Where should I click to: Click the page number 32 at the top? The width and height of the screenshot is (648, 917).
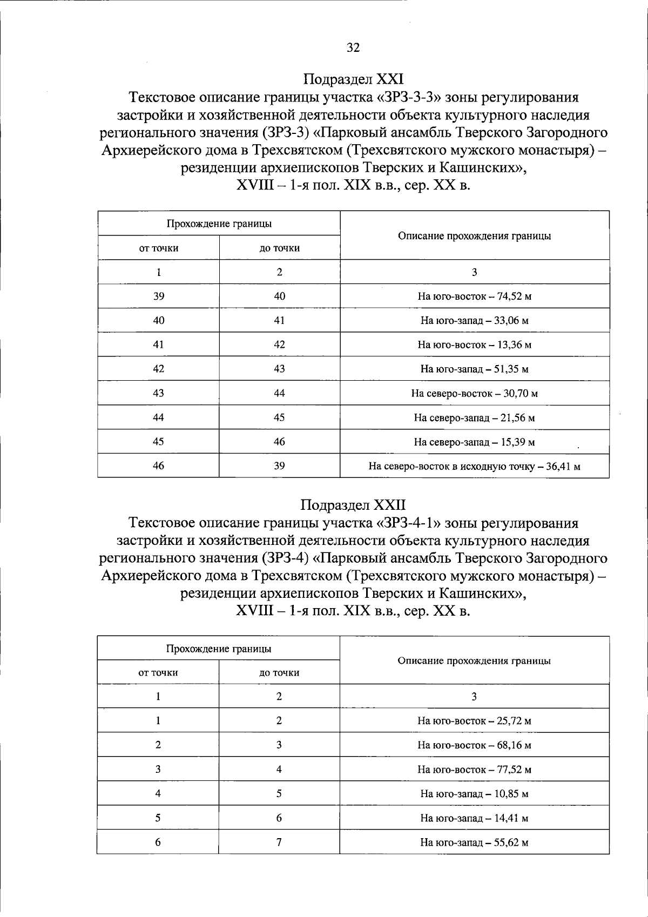[x=353, y=48]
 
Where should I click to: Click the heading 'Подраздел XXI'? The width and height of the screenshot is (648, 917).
[x=353, y=79]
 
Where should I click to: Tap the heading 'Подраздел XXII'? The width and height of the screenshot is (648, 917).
[x=353, y=505]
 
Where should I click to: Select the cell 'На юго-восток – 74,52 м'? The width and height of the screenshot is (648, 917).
[x=474, y=296]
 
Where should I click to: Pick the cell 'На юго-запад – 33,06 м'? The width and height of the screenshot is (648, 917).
[x=474, y=321]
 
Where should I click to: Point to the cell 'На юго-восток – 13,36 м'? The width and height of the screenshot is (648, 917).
[x=474, y=345]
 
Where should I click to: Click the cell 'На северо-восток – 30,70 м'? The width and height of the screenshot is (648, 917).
[x=474, y=394]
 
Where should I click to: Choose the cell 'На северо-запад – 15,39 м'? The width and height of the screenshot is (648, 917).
[x=474, y=442]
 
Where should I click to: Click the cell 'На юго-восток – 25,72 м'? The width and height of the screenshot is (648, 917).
[x=474, y=721]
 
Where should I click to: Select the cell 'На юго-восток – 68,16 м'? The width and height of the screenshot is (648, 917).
[x=474, y=745]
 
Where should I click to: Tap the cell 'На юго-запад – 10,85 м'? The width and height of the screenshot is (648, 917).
[x=474, y=794]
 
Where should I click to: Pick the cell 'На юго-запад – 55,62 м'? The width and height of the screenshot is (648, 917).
[x=474, y=842]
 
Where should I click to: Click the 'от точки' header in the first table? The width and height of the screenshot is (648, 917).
[x=159, y=248]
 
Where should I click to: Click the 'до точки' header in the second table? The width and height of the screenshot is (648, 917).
[x=279, y=673]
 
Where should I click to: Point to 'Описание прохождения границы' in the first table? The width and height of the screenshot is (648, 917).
[x=474, y=236]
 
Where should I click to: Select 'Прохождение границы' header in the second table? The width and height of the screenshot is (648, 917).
[x=219, y=649]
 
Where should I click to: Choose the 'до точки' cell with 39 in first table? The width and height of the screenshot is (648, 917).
[x=279, y=466]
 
